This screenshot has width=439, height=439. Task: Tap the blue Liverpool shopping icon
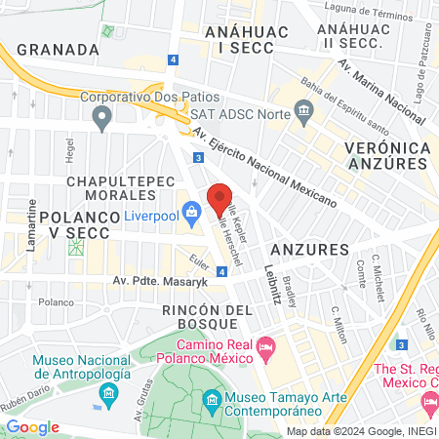(191, 211)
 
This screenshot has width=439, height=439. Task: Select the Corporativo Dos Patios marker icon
(100, 118)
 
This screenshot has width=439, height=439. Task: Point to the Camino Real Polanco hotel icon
(265, 347)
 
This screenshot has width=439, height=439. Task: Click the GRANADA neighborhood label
(59, 49)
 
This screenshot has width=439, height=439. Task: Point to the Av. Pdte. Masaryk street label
(155, 283)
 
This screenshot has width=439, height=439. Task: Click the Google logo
(32, 427)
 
